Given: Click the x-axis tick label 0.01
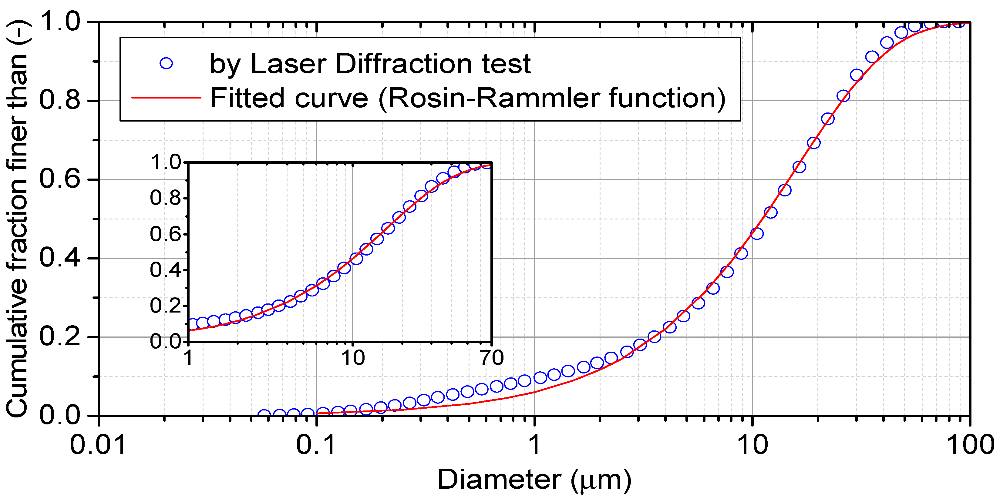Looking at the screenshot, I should click(x=98, y=445).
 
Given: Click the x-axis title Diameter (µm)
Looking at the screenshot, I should click(x=534, y=480).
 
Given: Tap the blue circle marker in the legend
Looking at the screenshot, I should click(x=166, y=63).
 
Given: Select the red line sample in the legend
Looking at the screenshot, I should click(x=166, y=97).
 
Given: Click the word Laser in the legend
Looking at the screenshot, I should click(x=288, y=63).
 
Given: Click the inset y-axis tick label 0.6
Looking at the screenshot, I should click(x=166, y=234).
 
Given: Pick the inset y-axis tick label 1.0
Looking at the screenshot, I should click(x=166, y=162).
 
